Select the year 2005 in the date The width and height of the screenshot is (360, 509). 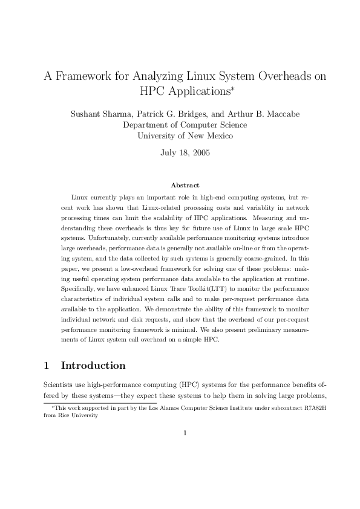point(200,153)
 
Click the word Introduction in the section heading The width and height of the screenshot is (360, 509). point(93,365)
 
